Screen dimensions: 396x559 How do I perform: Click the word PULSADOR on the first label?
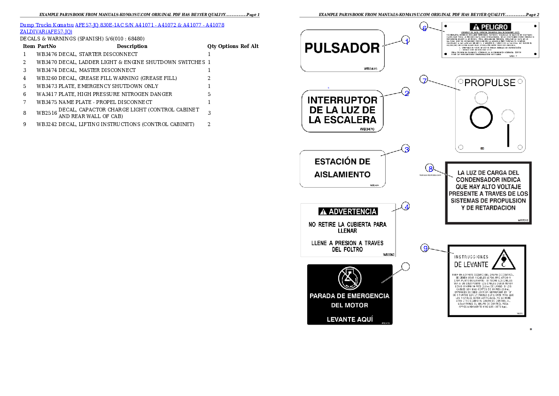342,48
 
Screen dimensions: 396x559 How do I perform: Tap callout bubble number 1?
406,40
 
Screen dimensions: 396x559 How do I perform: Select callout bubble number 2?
406,92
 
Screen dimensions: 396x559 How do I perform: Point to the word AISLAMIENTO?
342,174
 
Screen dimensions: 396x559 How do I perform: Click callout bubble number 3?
406,149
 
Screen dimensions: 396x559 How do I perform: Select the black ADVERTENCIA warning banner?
348,212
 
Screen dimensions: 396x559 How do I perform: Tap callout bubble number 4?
406,206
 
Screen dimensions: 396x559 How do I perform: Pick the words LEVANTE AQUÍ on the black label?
349,319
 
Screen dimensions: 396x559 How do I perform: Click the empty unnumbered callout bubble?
405,267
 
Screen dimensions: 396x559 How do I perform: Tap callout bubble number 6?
424,28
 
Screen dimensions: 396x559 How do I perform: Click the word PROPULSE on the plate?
490,83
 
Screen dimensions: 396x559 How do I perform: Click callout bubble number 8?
430,168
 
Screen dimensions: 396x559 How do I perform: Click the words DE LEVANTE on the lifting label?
470,265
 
